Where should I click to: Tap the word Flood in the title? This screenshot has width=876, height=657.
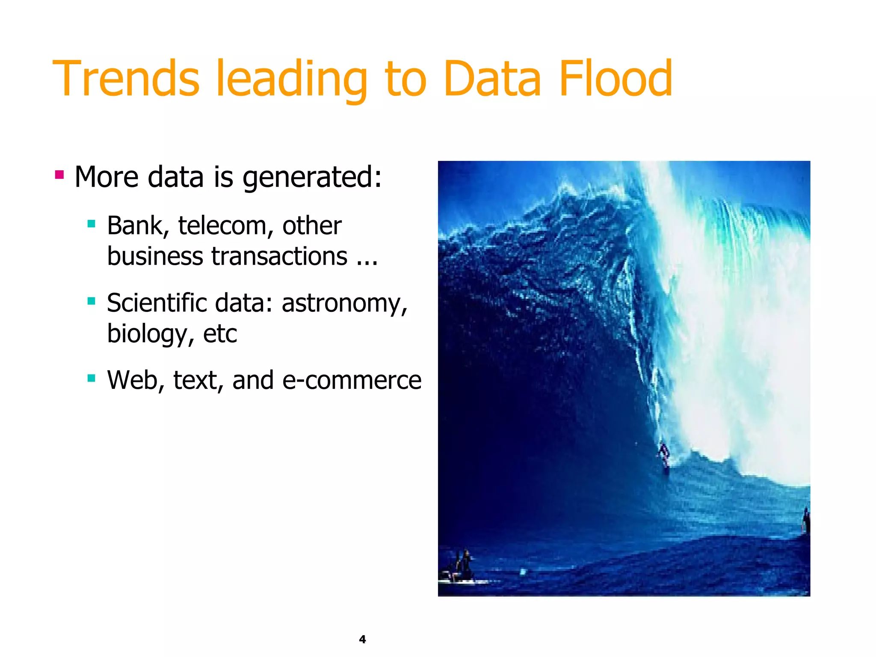click(x=616, y=79)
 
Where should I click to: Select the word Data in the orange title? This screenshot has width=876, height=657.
click(x=492, y=79)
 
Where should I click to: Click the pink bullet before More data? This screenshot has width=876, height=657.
click(x=59, y=175)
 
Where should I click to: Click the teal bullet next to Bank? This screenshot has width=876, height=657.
click(x=91, y=223)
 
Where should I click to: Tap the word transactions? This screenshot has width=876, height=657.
click(x=279, y=257)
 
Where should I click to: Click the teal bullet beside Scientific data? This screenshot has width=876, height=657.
click(x=91, y=301)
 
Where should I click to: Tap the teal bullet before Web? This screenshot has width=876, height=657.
click(x=91, y=378)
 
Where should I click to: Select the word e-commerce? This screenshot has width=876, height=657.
click(x=352, y=381)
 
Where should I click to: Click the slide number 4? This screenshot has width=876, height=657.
click(x=362, y=639)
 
